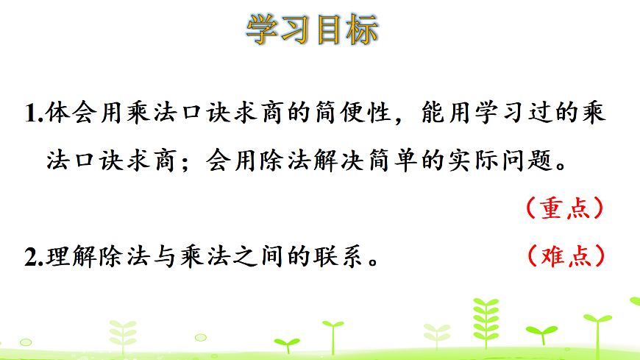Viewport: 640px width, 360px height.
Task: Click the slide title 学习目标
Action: [x=312, y=30]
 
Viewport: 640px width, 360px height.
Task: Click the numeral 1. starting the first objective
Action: [x=32, y=115]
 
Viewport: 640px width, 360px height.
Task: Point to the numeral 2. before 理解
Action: [x=33, y=257]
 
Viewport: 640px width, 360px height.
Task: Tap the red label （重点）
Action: [x=566, y=208]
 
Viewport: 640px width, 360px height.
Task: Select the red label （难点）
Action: [x=566, y=255]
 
